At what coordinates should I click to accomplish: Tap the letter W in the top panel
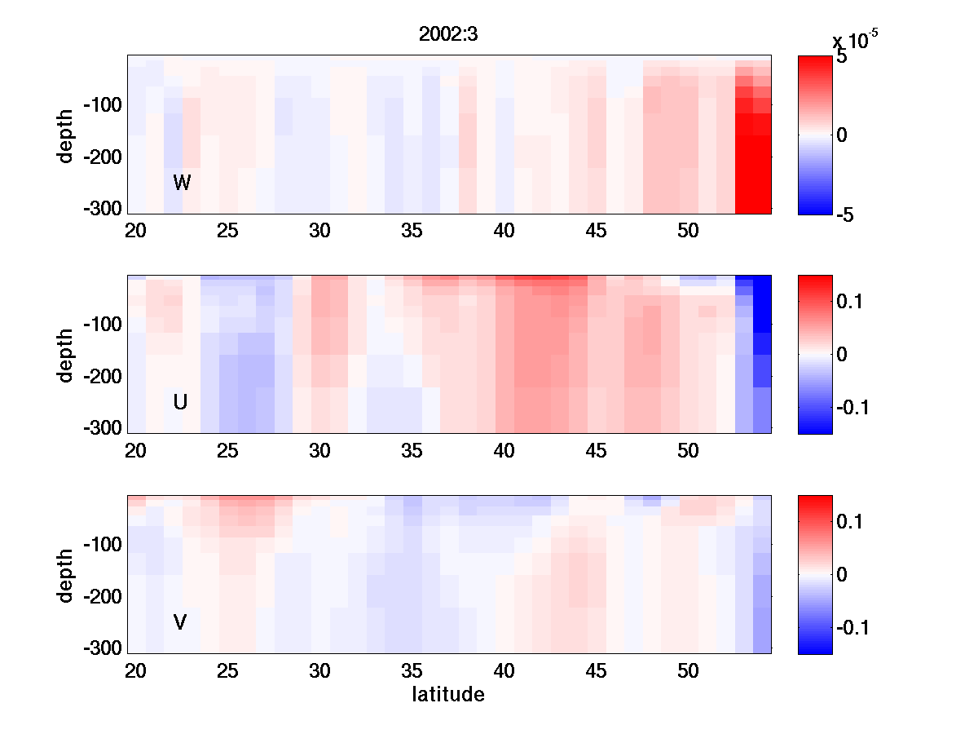(182, 183)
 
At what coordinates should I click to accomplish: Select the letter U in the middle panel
(181, 402)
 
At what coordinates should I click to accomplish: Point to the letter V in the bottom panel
(180, 622)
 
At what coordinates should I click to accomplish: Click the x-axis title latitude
(448, 695)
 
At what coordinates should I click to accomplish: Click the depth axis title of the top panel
(66, 135)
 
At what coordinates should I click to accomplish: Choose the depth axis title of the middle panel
(66, 355)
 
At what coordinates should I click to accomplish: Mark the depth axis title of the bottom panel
(66, 575)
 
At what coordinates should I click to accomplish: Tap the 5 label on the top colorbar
(842, 59)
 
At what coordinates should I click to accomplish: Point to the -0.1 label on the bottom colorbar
(852, 627)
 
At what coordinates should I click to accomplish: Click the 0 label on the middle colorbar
(842, 355)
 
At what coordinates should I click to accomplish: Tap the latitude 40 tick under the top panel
(504, 231)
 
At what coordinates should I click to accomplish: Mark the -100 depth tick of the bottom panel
(103, 544)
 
